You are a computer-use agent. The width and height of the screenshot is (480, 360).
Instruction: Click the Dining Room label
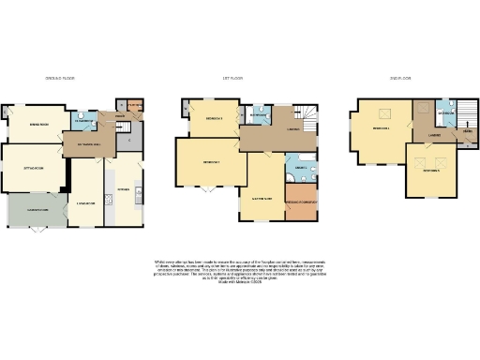pyautogui.click(x=38, y=124)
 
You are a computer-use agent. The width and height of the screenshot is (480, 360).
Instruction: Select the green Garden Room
pyautogui.click(x=37, y=211)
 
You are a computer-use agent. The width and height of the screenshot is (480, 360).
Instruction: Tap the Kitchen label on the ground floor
pyautogui.click(x=123, y=188)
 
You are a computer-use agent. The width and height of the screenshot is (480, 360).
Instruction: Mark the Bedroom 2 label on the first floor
pyautogui.click(x=211, y=162)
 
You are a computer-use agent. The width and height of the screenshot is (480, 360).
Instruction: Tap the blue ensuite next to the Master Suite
pyautogui.click(x=300, y=168)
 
